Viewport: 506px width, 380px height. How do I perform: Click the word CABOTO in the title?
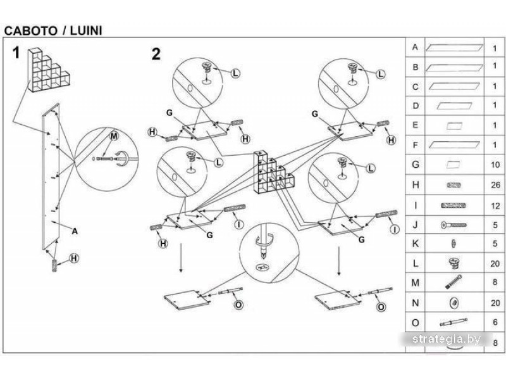pos(30,30)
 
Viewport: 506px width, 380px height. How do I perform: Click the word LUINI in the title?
pos(86,30)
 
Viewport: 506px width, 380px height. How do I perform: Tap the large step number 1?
pos(16,53)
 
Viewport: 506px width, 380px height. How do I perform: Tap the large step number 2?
pos(156,54)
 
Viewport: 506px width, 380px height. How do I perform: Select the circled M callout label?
pos(114,136)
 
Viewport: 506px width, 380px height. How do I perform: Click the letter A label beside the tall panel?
pos(75,231)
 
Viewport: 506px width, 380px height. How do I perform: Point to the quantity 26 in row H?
pos(495,185)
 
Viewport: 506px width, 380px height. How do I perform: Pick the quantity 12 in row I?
pos(495,206)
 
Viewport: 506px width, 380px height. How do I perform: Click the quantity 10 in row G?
pos(495,165)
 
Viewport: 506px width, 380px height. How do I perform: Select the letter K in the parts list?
pos(416,244)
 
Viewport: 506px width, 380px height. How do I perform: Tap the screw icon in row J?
pos(454,225)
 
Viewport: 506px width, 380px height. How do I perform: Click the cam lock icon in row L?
pos(454,263)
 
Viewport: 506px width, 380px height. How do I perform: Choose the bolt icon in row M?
pos(454,282)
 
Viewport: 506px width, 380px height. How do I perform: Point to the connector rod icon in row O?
pos(454,322)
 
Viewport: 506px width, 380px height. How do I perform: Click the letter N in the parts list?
pos(416,303)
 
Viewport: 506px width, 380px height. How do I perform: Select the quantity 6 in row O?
pos(495,322)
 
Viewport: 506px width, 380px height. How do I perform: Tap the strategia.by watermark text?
pos(447,339)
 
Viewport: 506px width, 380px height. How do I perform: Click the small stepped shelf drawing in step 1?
pos(49,70)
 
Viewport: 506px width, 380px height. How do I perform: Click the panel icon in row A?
pos(454,48)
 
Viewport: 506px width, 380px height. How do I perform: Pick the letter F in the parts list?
pos(416,145)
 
